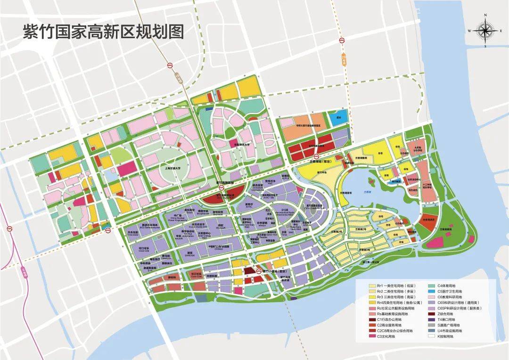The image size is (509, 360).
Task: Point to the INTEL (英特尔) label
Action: (249, 205)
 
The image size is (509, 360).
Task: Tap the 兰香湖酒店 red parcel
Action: (428, 221)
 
